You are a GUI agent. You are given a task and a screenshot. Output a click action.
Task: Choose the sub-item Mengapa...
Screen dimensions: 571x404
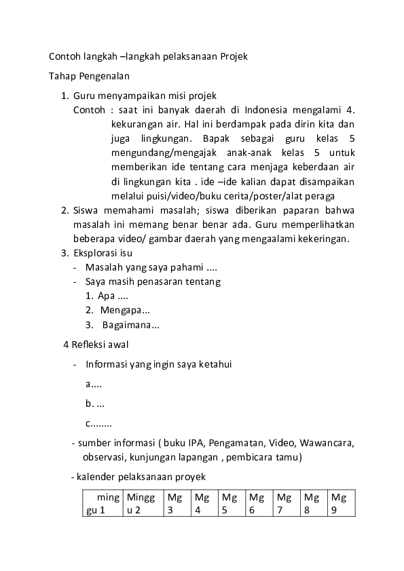[x=125, y=310]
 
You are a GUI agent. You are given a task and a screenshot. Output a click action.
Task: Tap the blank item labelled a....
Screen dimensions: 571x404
[x=94, y=384]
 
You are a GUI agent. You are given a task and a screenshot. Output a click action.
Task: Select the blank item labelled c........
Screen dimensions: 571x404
[x=98, y=424]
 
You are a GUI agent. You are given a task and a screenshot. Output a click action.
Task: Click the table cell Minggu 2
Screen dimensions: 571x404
[x=141, y=504]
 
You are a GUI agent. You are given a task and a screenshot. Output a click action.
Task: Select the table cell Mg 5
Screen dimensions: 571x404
[x=229, y=504]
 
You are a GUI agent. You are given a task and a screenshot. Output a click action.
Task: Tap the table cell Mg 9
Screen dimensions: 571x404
[x=339, y=504]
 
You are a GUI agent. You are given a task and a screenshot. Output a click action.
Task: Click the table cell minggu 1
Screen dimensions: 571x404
[x=100, y=504]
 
